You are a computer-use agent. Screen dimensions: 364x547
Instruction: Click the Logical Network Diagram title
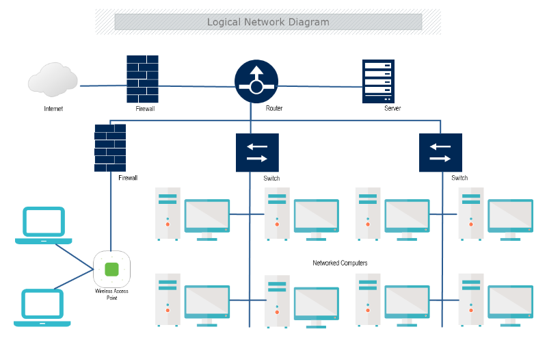[x=268, y=22]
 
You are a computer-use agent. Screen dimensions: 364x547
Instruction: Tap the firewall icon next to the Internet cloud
[x=142, y=79]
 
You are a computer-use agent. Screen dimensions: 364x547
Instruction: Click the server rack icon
[x=378, y=81]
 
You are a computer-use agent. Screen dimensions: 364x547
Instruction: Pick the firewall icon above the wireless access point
[x=110, y=147]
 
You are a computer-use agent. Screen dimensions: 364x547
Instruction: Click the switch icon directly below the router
[x=257, y=152]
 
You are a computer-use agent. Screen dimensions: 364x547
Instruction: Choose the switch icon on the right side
[x=440, y=152]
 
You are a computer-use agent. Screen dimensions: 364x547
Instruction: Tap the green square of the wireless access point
[x=111, y=268]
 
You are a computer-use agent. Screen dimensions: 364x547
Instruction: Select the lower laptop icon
[x=42, y=307]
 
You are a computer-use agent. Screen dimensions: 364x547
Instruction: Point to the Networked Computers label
[x=340, y=263]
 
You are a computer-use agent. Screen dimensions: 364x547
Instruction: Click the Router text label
[x=274, y=109]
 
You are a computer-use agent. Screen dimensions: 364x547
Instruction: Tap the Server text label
[x=392, y=109]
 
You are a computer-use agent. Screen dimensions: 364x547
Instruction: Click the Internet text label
[x=53, y=109]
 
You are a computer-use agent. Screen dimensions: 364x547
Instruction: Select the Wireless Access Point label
[x=111, y=294]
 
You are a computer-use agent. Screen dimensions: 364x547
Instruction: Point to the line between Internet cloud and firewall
[x=103, y=86]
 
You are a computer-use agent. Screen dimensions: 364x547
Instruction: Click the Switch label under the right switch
[x=459, y=178]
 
